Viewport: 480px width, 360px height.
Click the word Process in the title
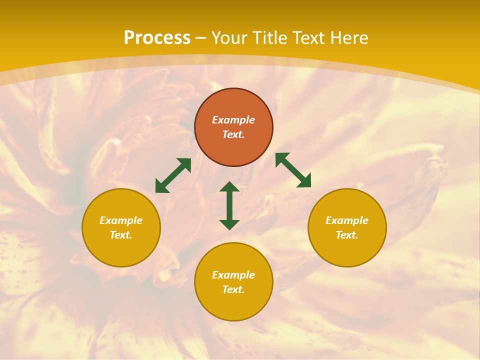157,38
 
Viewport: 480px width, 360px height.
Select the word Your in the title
230,38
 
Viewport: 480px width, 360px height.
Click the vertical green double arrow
229,205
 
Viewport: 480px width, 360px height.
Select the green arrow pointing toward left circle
173,175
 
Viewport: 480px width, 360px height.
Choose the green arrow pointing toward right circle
293,170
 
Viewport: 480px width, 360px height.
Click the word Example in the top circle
233,120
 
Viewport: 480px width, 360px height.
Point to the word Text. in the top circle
233,134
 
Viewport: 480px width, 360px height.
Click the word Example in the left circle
121,220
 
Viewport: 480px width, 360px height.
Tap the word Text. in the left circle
121,235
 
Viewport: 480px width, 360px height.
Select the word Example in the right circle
347,220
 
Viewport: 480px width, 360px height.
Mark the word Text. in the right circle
347,235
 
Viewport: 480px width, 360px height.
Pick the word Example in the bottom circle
233,275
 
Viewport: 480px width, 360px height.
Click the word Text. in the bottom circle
233,289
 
